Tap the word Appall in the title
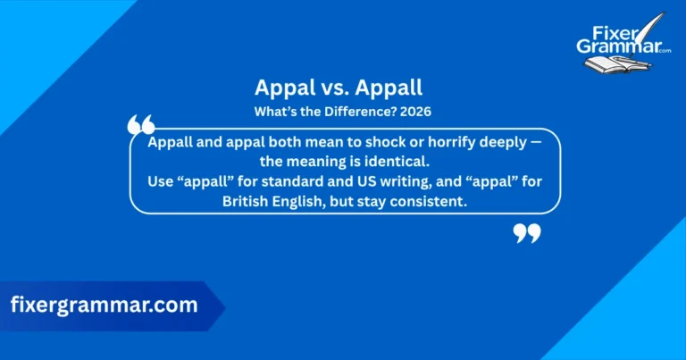[393, 88]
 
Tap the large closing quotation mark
[527, 233]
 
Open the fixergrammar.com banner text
[104, 306]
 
